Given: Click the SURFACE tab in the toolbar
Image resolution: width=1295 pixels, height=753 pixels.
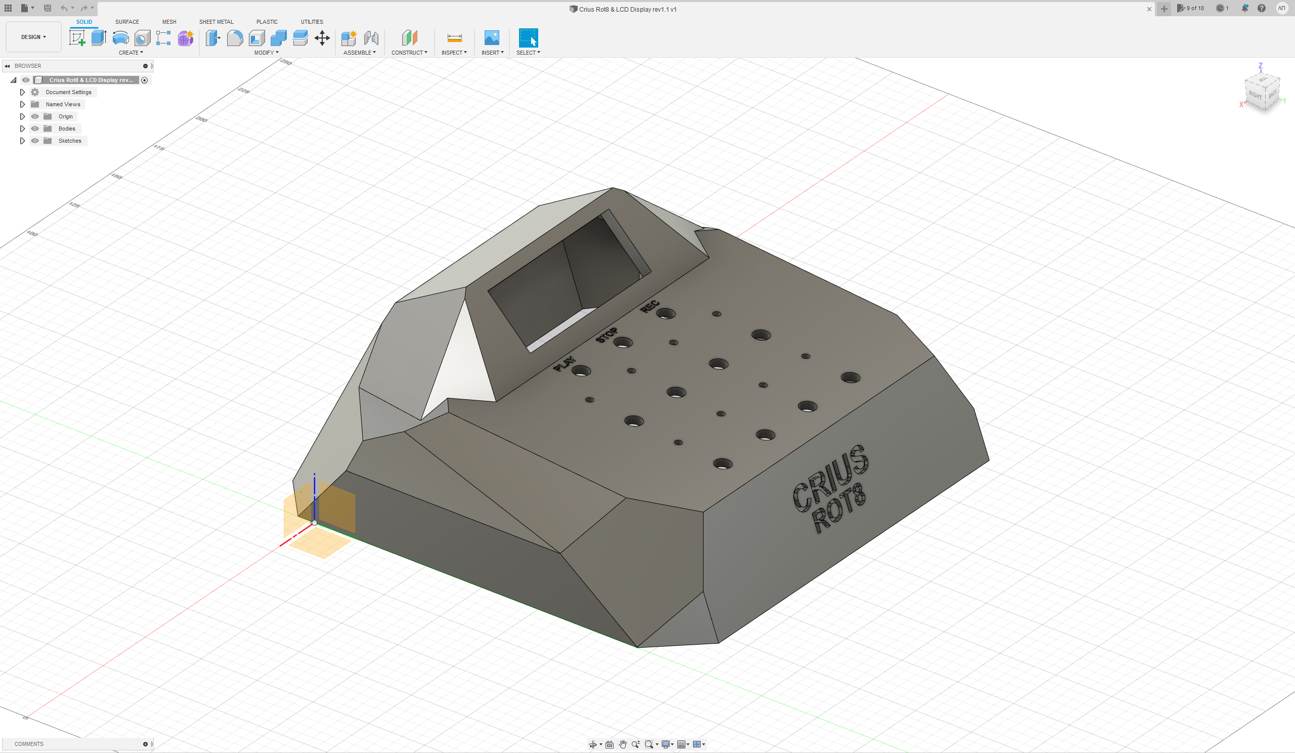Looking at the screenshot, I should tap(127, 22).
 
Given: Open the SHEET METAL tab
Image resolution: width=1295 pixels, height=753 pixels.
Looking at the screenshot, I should tap(217, 22).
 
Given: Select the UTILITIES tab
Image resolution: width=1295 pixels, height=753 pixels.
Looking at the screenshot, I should tap(312, 22).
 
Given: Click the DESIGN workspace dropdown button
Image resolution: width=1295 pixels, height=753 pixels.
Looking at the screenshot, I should tap(33, 37).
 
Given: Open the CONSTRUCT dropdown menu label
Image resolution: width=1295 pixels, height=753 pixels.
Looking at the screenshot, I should tap(409, 53).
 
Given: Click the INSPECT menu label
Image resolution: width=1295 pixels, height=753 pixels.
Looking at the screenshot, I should tap(454, 53).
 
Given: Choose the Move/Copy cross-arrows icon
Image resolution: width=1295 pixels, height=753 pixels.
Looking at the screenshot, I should tap(322, 38).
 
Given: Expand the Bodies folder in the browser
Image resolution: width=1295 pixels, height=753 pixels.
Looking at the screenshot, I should tap(22, 129).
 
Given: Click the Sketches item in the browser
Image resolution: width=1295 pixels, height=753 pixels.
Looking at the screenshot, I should tap(70, 141).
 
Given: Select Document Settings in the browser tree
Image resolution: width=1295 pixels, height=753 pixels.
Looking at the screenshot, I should tap(68, 92).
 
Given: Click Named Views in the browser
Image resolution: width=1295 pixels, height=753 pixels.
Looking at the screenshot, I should tap(63, 104).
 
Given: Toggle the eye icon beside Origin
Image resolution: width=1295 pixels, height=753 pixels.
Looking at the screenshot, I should tap(35, 117).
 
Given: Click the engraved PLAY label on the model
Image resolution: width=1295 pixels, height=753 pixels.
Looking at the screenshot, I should tap(564, 363).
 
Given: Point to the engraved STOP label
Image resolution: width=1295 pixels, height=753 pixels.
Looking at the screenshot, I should tap(607, 334).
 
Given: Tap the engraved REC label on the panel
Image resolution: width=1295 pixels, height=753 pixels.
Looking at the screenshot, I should tap(650, 306).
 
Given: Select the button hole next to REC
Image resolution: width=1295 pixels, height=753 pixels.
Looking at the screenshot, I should tap(666, 314).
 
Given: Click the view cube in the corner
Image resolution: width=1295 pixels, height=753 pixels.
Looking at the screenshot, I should tap(1262, 91).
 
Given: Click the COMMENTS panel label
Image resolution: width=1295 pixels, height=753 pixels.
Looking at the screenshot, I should tap(29, 744).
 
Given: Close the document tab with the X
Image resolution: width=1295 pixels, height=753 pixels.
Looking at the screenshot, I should tap(1149, 9).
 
